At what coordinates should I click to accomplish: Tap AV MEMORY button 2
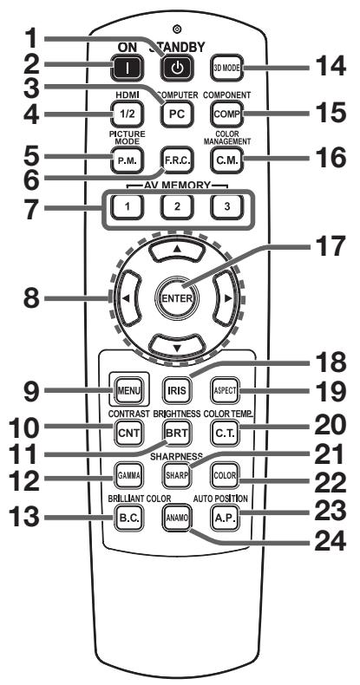[x=176, y=207]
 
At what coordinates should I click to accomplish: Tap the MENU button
[x=128, y=390]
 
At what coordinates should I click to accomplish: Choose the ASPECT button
[x=226, y=390]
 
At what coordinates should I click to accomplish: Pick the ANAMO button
[x=176, y=518]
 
